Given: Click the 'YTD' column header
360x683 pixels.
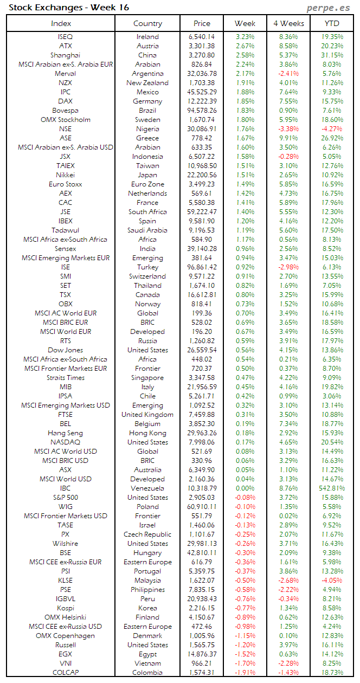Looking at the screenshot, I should (x=332, y=23).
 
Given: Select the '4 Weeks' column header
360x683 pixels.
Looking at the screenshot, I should (x=288, y=23).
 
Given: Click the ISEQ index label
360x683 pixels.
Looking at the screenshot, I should (x=65, y=37).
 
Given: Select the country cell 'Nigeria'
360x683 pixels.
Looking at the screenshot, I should (x=147, y=129).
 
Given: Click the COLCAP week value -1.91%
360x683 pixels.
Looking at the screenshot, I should (x=245, y=673).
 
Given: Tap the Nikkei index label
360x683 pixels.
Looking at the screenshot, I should (x=65, y=175).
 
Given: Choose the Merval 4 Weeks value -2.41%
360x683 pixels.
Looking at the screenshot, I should (x=288, y=74).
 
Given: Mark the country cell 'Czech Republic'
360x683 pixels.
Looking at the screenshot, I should (x=147, y=534).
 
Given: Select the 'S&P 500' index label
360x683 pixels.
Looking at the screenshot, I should (x=65, y=498).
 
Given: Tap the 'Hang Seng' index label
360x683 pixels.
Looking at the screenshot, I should (x=65, y=433).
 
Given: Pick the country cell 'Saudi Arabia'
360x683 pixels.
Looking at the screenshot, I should (x=147, y=230).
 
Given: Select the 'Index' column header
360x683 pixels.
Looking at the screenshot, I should (x=61, y=23).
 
